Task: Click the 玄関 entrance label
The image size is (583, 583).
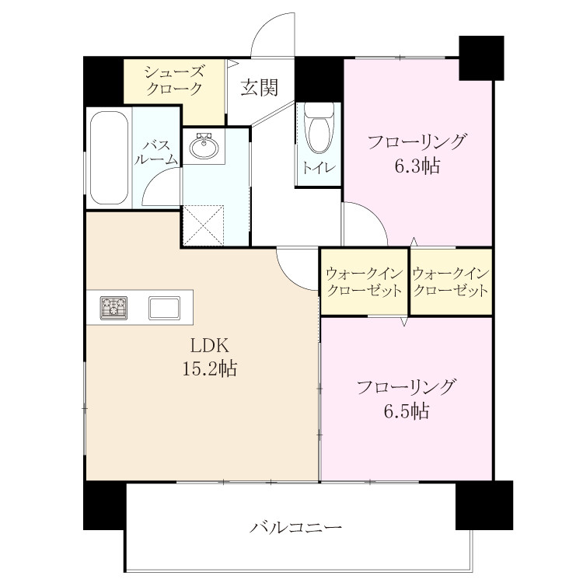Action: click(x=259, y=88)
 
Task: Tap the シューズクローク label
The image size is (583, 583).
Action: click(x=174, y=80)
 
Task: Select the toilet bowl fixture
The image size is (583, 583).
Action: click(x=319, y=128)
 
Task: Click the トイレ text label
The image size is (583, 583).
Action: click(x=319, y=168)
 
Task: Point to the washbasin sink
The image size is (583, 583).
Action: click(x=204, y=146)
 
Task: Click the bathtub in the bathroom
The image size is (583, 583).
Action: click(x=110, y=158)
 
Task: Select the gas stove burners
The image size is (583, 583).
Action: click(x=113, y=308)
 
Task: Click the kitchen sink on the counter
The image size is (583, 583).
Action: click(x=164, y=308)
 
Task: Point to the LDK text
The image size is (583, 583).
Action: click(x=209, y=346)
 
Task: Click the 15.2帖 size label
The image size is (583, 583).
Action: click(x=209, y=368)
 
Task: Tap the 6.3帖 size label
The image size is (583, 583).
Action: click(x=417, y=166)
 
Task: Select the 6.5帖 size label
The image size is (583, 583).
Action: click(x=407, y=411)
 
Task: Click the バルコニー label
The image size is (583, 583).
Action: click(x=295, y=528)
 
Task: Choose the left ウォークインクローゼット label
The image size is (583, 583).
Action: click(x=364, y=282)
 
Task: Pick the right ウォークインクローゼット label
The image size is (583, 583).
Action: click(x=451, y=282)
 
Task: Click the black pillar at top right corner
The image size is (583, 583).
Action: click(x=481, y=58)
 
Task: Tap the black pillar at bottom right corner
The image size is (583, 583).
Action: click(x=484, y=505)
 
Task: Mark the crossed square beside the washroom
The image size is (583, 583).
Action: click(x=204, y=225)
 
